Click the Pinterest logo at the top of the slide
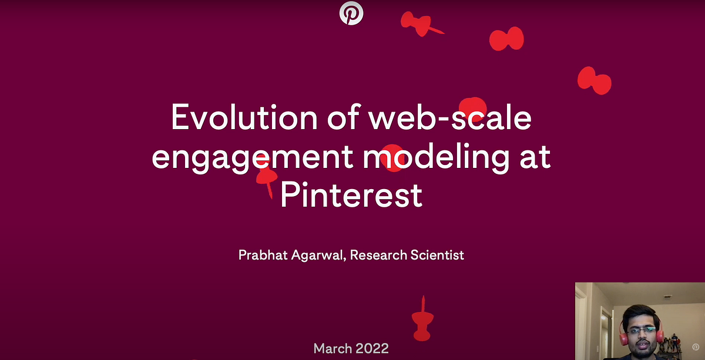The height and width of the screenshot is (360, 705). [351, 13]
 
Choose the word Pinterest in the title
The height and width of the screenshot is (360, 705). [351, 195]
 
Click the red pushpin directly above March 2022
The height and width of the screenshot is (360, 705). [422, 319]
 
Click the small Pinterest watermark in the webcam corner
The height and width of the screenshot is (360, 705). [696, 347]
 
